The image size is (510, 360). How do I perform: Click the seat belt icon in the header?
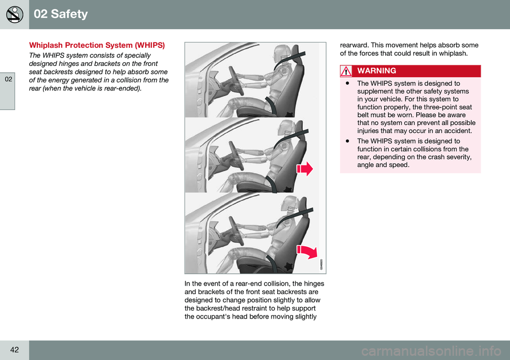pos(15,14)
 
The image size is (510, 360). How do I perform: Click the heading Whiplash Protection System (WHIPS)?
pos(97,45)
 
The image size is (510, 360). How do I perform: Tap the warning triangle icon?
pos(346,71)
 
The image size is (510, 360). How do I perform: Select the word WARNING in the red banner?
pos(377,71)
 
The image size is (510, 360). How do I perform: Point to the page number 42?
pos(14,349)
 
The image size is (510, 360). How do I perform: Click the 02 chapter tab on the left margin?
pos(8,79)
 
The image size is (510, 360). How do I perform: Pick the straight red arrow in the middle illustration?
pos(304,169)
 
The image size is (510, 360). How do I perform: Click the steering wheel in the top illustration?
pos(236,81)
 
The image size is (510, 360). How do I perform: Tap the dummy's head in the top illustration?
pos(284,53)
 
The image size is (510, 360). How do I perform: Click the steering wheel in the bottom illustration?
pos(237,232)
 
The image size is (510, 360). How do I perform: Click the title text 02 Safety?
pos(61,14)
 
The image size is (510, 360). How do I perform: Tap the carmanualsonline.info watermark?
pos(431,351)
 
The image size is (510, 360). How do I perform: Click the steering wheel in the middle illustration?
pos(237,156)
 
